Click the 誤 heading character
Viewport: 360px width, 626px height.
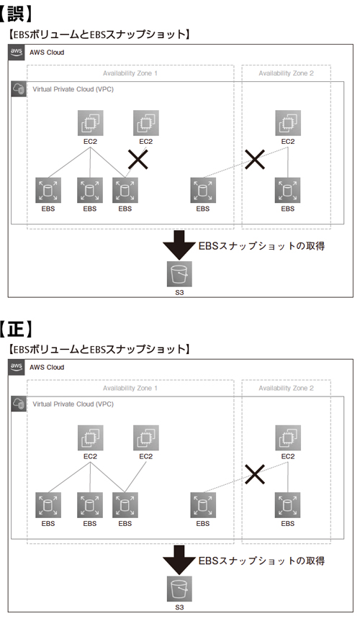click(x=17, y=13)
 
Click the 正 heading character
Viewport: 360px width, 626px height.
click(x=17, y=328)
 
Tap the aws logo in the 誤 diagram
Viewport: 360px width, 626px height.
click(x=17, y=53)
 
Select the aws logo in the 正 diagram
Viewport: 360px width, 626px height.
click(x=17, y=367)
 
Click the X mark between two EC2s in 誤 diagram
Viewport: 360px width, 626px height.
click(x=138, y=159)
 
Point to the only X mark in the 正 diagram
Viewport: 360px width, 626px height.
click(x=255, y=474)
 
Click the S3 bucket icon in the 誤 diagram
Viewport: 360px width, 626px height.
click(x=179, y=274)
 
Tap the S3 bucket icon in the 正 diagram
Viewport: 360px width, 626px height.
click(x=179, y=589)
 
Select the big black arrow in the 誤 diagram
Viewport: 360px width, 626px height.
click(x=179, y=245)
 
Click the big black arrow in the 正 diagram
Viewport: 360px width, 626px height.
click(x=179, y=560)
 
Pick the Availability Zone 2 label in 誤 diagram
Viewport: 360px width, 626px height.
click(x=286, y=73)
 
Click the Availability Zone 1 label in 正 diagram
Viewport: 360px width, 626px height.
click(x=130, y=388)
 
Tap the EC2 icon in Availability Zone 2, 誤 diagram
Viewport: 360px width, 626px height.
click(x=288, y=123)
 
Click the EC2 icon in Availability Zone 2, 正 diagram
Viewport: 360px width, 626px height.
click(x=288, y=438)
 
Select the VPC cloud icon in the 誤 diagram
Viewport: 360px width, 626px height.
click(x=19, y=89)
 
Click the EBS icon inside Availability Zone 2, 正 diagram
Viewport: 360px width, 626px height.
click(x=288, y=505)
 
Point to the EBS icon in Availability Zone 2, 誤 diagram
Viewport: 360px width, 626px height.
click(x=288, y=190)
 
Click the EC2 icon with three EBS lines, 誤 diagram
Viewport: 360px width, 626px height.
click(x=90, y=123)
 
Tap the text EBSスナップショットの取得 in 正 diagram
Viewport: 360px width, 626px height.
click(x=261, y=561)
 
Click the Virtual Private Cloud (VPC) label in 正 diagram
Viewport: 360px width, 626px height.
click(x=73, y=404)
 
